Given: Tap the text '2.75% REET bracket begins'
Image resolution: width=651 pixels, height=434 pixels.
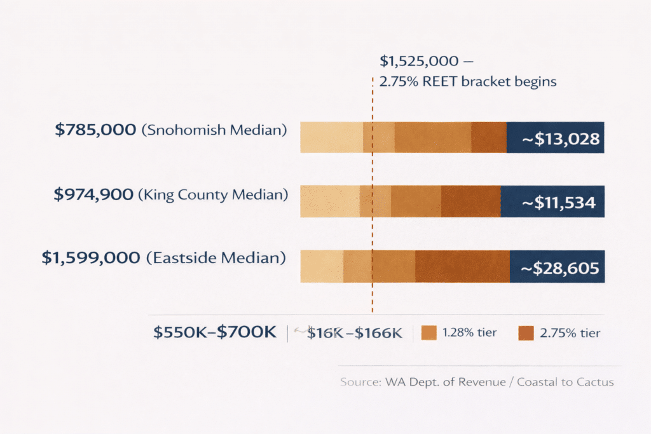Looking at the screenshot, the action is [x=468, y=81].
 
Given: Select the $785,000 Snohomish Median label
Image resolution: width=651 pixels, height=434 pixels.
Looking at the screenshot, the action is [x=170, y=130].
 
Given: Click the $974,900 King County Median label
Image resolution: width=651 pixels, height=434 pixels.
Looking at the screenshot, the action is [x=170, y=194].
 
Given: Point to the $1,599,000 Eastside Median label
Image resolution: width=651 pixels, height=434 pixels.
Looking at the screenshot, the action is [x=163, y=257].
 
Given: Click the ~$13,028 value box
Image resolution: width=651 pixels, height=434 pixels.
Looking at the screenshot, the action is [x=555, y=138].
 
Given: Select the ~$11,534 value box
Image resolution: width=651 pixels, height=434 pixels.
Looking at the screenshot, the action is [x=552, y=202].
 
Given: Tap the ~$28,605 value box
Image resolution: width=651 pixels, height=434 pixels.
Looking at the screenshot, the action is [x=557, y=267].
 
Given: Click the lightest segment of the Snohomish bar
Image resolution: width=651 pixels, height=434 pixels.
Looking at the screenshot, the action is [x=331, y=138].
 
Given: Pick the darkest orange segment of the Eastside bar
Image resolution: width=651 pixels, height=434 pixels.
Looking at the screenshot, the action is [x=462, y=267].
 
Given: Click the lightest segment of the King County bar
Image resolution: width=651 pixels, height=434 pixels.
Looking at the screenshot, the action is [x=329, y=202].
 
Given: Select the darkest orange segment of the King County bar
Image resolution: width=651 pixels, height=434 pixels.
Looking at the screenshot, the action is [x=470, y=202].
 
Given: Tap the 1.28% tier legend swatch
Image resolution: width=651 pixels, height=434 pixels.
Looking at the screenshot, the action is [x=430, y=332].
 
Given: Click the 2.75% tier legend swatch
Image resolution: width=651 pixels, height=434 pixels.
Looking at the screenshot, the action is [x=525, y=332].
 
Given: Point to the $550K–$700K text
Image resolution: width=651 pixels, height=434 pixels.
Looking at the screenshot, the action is [x=215, y=332].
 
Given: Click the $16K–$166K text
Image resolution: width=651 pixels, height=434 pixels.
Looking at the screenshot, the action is [x=355, y=332].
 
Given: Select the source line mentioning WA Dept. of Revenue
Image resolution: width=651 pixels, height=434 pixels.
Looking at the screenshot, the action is [x=477, y=382].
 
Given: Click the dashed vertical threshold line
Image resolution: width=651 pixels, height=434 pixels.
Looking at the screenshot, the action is [x=373, y=292].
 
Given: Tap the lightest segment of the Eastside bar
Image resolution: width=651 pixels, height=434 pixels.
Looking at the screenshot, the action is [x=322, y=267].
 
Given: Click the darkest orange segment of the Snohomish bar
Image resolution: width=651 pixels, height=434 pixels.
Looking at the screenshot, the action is [x=488, y=138].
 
